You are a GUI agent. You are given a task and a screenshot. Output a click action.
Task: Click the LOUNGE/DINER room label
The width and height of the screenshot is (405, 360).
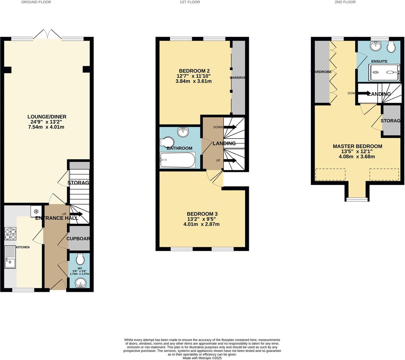[47, 117]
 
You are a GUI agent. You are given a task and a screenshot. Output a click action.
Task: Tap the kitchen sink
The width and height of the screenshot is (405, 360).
[10, 257]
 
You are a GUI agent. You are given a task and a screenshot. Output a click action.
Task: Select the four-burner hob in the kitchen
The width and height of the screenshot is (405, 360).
[10, 234]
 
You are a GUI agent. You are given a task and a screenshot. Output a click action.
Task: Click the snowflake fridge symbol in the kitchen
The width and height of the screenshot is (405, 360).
[36, 211]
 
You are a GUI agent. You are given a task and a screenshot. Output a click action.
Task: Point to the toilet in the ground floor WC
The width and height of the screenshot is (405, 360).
[80, 259]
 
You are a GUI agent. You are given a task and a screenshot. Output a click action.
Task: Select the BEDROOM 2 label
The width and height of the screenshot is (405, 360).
[194, 71]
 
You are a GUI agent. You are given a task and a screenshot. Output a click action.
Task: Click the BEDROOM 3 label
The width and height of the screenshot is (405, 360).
[202, 214]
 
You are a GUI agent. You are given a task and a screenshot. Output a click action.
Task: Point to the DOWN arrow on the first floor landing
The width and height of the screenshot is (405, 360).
[230, 127]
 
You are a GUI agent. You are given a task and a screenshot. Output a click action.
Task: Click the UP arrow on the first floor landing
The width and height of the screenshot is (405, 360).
[230, 161]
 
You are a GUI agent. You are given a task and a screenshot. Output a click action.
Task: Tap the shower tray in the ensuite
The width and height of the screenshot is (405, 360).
[384, 72]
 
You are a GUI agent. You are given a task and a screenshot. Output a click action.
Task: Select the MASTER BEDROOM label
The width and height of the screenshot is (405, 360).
[357, 146]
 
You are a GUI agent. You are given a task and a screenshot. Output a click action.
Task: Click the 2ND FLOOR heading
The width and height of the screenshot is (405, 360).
[345, 2]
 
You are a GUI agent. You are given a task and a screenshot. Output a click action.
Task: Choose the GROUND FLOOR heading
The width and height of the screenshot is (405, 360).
[36, 2]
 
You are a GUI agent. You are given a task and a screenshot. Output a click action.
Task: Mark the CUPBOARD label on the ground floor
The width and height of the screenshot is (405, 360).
[78, 239]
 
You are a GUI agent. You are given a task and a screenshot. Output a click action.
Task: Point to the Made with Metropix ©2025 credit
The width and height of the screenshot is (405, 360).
[202, 358]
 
